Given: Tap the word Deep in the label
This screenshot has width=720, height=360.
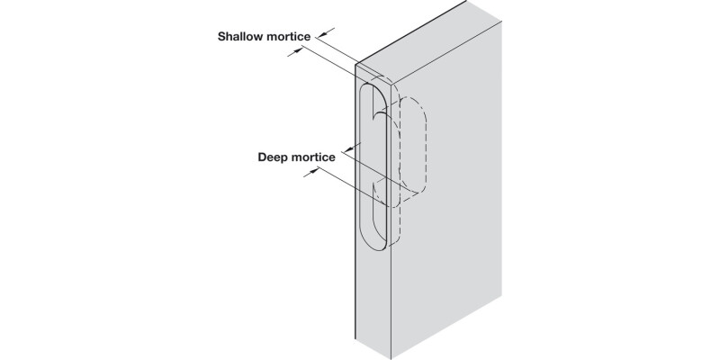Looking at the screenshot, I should pos(274,157).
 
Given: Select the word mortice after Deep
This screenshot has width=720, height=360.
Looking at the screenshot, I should pos(314,157).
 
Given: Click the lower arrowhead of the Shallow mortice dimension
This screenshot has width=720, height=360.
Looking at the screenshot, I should pos(296,53).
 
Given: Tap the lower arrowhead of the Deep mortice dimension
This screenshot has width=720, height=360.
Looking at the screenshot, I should pos(310,175).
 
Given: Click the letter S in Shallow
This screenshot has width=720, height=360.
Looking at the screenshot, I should pos(221,37).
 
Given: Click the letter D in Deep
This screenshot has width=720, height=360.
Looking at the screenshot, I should pos(263,157).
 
